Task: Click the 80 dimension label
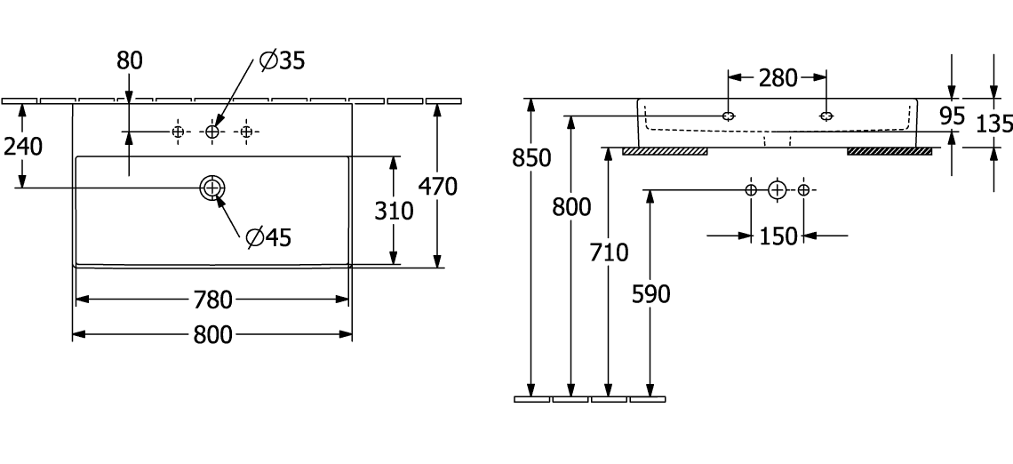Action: [x=130, y=60]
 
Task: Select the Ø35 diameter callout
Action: [x=282, y=60]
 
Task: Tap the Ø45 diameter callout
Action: [x=268, y=236]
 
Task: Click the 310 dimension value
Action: [x=393, y=211]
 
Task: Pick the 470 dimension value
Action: [x=437, y=187]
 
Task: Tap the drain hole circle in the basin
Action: [x=211, y=188]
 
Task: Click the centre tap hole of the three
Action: [x=211, y=132]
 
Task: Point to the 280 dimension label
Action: [x=778, y=78]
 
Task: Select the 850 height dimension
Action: [x=530, y=157]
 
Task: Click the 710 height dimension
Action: [x=608, y=253]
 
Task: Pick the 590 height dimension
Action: [x=650, y=294]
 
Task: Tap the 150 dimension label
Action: [x=778, y=236]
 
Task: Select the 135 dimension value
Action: [x=993, y=124]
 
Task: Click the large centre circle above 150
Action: [x=778, y=190]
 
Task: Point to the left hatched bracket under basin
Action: [x=665, y=151]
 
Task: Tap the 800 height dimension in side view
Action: [x=570, y=208]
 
